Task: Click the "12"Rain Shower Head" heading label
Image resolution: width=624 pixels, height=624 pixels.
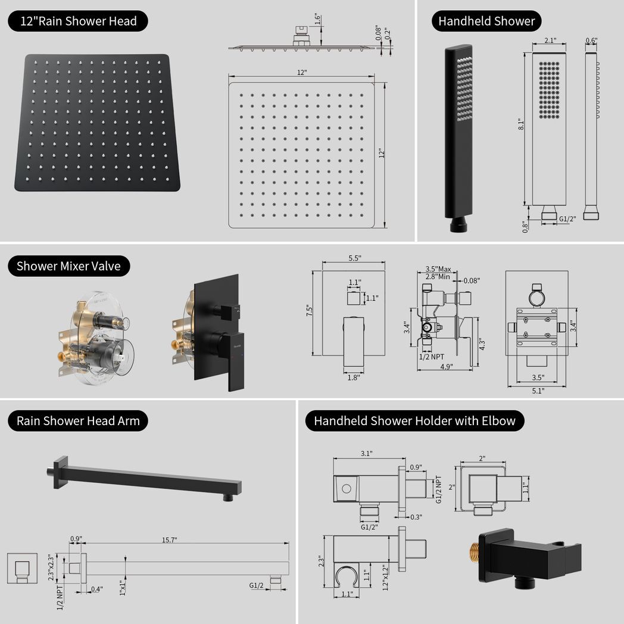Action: click(x=78, y=21)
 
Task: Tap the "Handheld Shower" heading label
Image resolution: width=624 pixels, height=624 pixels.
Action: click(x=486, y=21)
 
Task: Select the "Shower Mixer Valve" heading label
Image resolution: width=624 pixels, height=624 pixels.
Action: click(x=68, y=266)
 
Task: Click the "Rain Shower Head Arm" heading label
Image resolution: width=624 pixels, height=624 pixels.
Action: click(x=78, y=421)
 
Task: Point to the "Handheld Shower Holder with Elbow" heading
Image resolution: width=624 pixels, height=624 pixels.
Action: click(x=414, y=421)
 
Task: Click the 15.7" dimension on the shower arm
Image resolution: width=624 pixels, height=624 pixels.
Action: click(x=169, y=539)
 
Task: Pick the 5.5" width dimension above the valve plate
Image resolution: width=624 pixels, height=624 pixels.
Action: click(x=355, y=258)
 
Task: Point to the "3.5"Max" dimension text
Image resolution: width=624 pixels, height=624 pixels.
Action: click(x=438, y=269)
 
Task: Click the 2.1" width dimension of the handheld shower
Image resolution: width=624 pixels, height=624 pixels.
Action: click(x=550, y=40)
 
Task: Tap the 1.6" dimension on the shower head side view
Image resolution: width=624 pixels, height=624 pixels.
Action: click(x=318, y=18)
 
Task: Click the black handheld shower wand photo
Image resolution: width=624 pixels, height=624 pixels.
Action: click(x=458, y=137)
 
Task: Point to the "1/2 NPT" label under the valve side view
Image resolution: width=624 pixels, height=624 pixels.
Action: click(x=431, y=356)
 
